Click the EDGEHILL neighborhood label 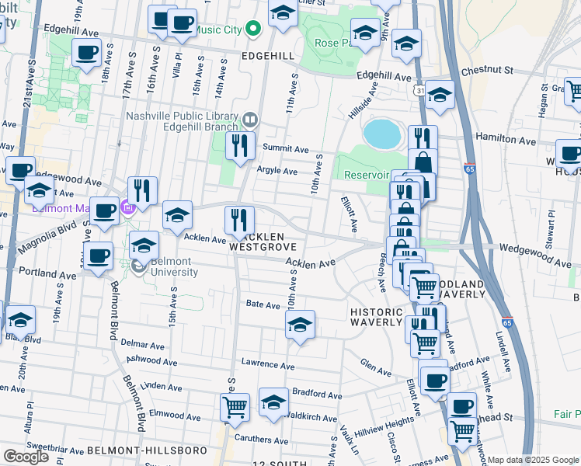[268, 57]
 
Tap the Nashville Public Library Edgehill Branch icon [250, 120]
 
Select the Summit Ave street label [285, 148]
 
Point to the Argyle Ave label [278, 171]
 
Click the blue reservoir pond [382, 134]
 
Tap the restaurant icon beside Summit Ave [240, 144]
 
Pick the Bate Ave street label [263, 305]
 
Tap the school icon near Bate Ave [300, 325]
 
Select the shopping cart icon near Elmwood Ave [235, 406]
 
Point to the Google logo [26, 456]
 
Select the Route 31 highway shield [419, 92]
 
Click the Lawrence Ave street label [267, 363]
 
